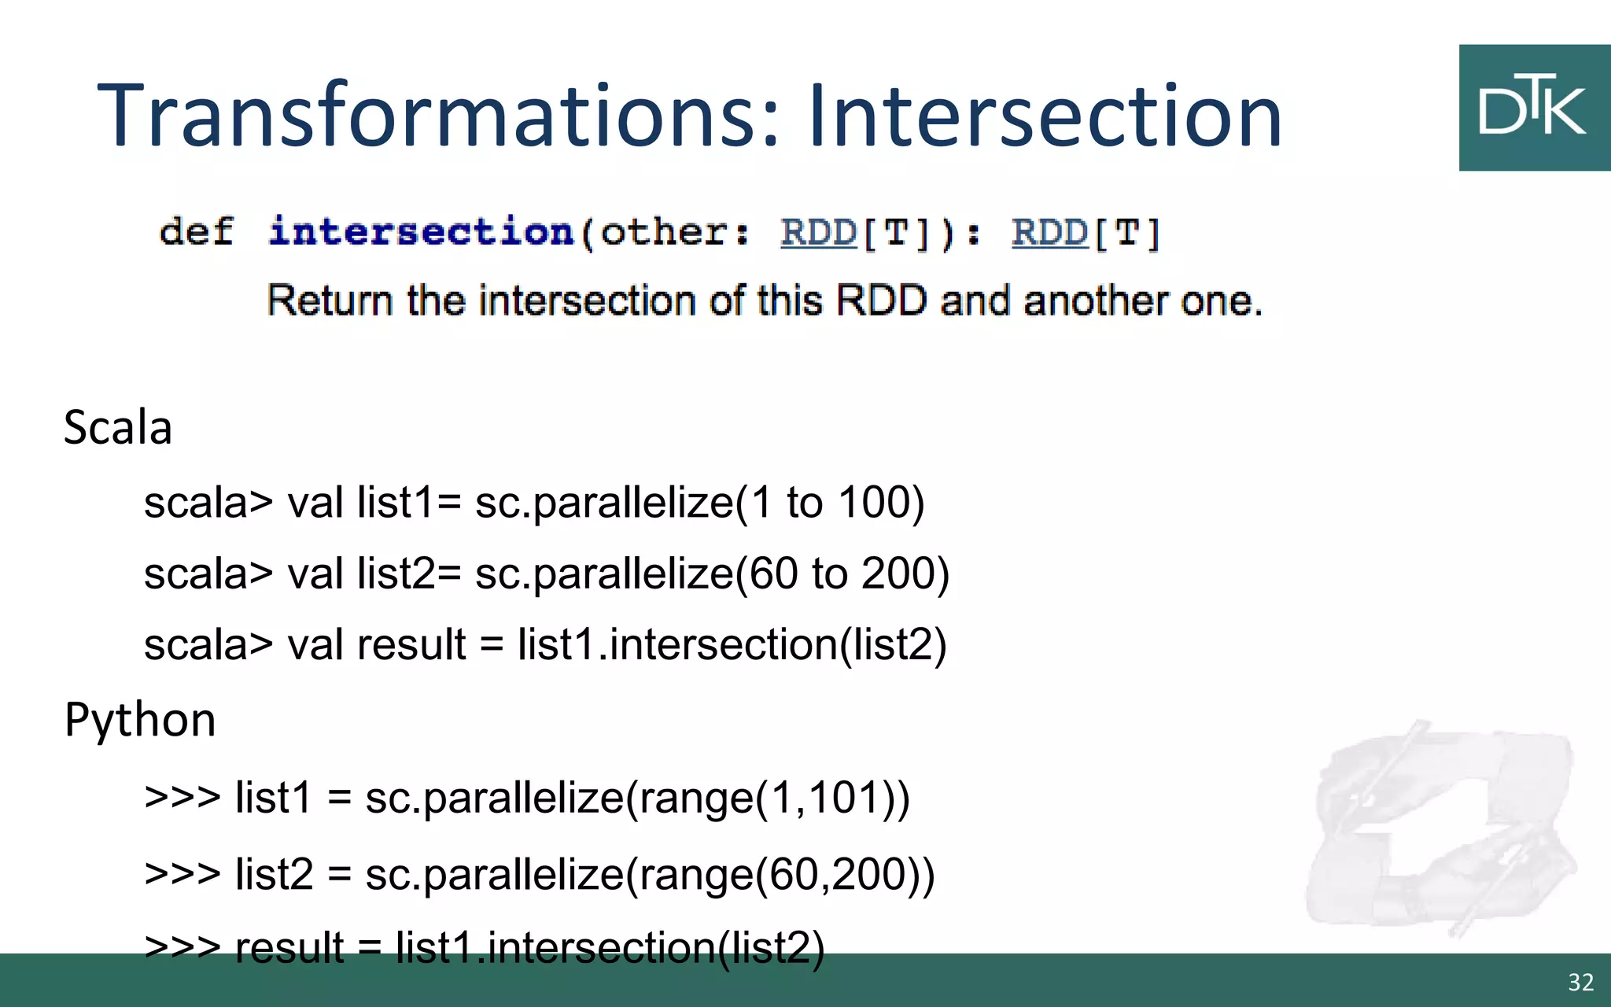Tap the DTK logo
click(1533, 108)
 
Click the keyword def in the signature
click(197, 232)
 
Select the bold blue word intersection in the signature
click(422, 232)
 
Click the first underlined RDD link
click(818, 233)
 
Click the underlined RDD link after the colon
click(1049, 233)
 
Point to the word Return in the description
click(330, 301)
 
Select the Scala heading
click(118, 428)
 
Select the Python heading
click(140, 720)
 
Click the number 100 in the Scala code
click(880, 503)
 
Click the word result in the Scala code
click(411, 645)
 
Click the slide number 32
click(1580, 983)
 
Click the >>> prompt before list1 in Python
click(182, 797)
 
